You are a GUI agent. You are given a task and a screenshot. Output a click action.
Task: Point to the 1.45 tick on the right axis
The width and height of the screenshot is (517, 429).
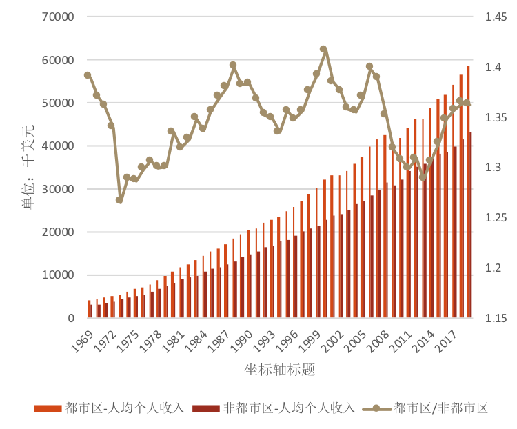pyautogui.click(x=496, y=17)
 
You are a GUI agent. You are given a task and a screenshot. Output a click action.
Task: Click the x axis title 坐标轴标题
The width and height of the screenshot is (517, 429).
pyautogui.click(x=279, y=370)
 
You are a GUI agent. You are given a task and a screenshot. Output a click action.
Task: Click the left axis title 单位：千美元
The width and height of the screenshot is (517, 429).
pyautogui.click(x=27, y=167)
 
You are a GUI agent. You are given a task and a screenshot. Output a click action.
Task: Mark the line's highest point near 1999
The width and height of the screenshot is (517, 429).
pyautogui.click(x=323, y=50)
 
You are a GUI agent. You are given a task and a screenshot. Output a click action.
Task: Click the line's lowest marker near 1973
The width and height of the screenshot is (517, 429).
pyautogui.click(x=119, y=200)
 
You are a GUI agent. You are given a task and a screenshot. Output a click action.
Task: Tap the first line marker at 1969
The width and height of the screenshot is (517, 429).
pyautogui.click(x=88, y=75)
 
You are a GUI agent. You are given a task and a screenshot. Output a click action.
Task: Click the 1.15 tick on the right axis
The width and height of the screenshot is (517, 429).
pyautogui.click(x=496, y=318)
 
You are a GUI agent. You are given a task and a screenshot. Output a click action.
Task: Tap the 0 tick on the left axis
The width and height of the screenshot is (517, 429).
pyautogui.click(x=71, y=318)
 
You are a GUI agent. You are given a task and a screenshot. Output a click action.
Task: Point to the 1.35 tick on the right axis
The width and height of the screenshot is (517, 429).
pyautogui.click(x=496, y=117)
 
